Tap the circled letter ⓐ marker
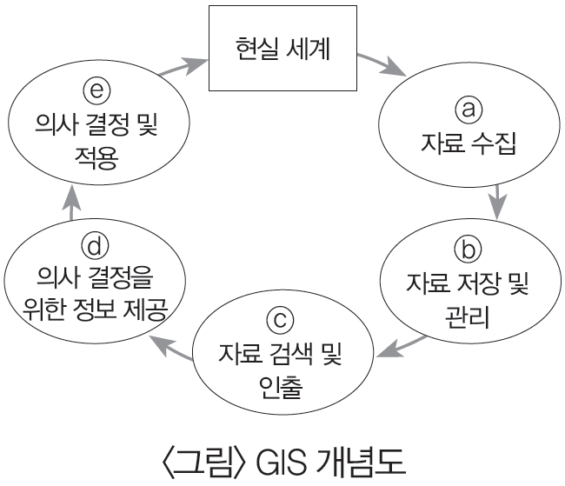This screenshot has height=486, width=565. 469,110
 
